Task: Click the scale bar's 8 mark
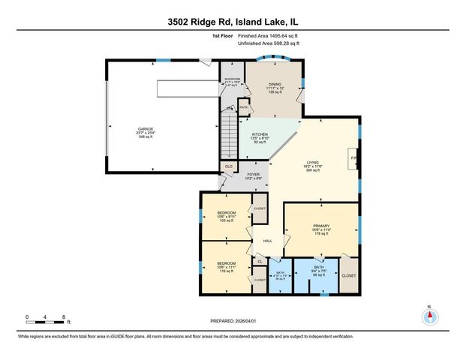pyautogui.click(x=65, y=317)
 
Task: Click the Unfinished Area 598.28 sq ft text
pyautogui.click(x=268, y=44)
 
